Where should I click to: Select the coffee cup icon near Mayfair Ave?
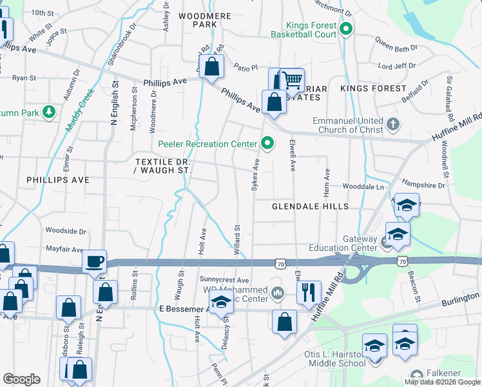tap(95, 262)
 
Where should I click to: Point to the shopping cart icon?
tap(293, 79)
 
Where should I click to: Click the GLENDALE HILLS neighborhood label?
tap(310, 206)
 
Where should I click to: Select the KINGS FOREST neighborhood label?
tap(373, 88)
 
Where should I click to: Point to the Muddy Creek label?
tap(79, 110)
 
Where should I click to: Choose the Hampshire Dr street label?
tap(423, 184)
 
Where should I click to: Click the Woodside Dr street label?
tap(66, 230)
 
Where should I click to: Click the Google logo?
tap(21, 379)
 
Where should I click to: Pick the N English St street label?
tap(115, 102)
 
